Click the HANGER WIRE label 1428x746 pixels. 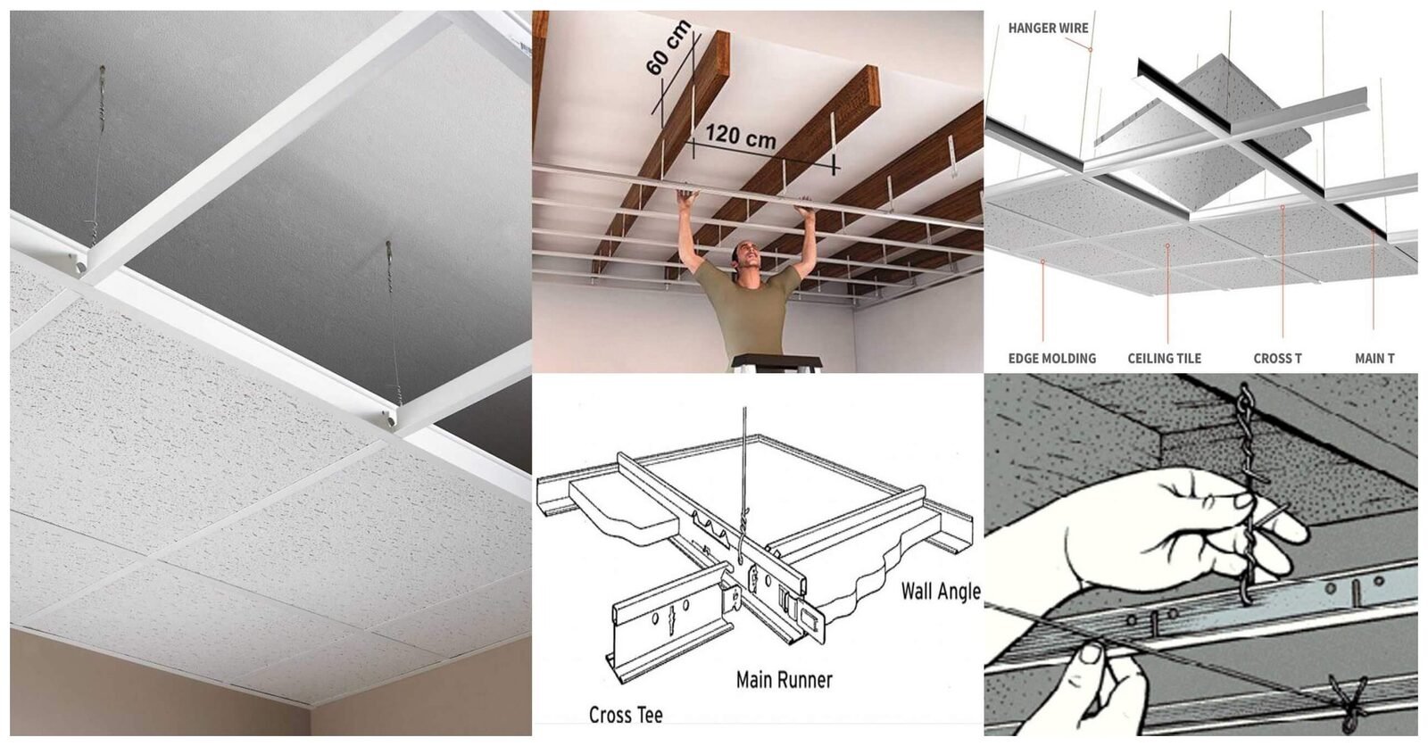(x=1048, y=28)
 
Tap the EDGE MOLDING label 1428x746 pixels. (x=1051, y=359)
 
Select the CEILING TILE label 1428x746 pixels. (x=1164, y=359)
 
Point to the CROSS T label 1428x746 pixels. (x=1277, y=359)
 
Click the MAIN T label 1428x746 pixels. (x=1374, y=359)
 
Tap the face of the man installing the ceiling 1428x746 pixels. (x=747, y=258)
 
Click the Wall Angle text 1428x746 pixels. (x=939, y=591)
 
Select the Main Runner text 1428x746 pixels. (x=784, y=680)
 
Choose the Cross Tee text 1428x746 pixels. (x=625, y=716)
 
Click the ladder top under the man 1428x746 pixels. (x=776, y=362)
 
